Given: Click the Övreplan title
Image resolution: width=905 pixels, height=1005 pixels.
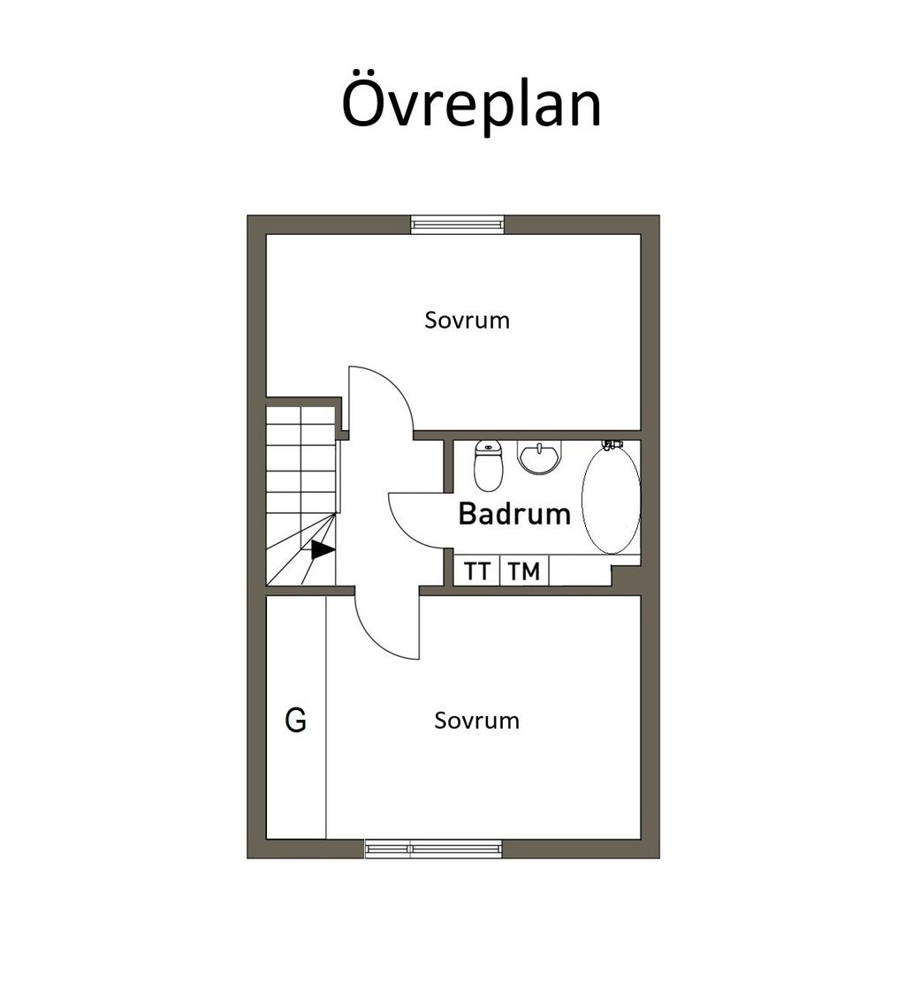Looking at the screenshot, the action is (471, 104).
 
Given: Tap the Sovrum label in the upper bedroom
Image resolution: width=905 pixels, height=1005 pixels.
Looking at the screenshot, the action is (467, 320).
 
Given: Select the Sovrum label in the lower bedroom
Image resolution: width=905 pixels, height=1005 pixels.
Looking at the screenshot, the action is (476, 721).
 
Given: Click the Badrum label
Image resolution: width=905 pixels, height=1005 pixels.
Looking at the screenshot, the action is (514, 514).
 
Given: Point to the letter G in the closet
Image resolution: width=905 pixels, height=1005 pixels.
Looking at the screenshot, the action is (296, 721).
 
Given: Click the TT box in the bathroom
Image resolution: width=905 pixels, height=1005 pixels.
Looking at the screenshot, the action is (477, 571).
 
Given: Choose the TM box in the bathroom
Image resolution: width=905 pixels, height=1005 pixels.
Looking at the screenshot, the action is (524, 571).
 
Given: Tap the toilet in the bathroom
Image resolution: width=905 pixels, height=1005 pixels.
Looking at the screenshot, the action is (488, 465).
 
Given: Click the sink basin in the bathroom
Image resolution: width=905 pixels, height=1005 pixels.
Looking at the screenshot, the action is (539, 457).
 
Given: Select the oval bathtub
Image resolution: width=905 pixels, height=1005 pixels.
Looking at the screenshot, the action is (611, 499).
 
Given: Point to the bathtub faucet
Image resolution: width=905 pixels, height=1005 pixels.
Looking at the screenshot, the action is (612, 444).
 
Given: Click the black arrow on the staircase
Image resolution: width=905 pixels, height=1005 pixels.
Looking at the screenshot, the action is (323, 550).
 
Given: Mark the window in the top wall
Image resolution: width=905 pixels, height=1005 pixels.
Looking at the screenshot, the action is (457, 223).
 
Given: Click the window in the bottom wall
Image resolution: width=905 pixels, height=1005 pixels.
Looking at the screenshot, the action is (434, 849).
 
